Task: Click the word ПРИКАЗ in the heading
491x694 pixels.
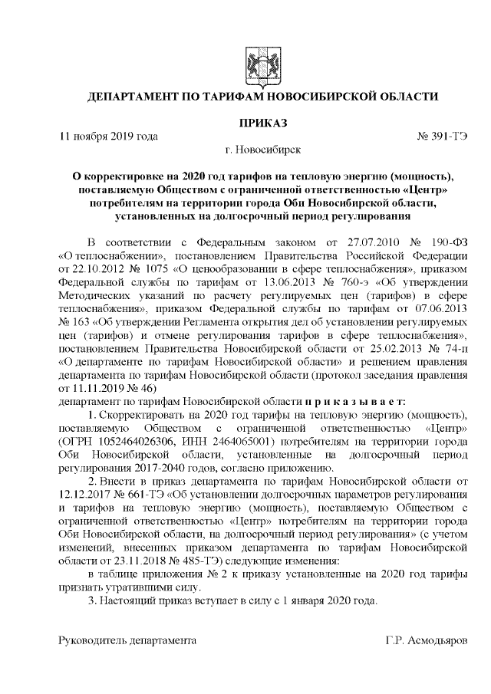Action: [264, 122]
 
